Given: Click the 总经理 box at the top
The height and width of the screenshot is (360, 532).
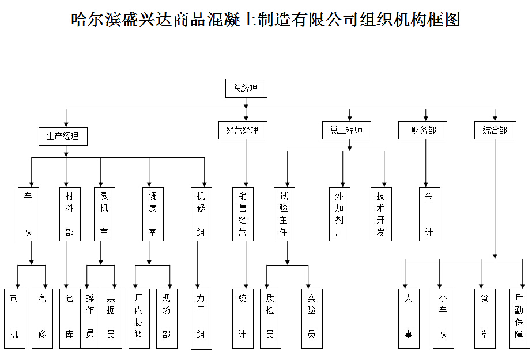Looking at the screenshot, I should pyautogui.click(x=246, y=89).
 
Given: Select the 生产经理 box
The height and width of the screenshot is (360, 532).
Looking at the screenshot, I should pyautogui.click(x=63, y=137).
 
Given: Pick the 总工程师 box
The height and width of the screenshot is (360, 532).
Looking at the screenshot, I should pyautogui.click(x=346, y=130).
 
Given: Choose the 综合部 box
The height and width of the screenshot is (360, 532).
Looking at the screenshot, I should pyautogui.click(x=495, y=130).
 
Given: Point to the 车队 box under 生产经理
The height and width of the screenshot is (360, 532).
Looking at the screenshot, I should pyautogui.click(x=28, y=214).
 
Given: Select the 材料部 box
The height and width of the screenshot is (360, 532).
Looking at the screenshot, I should pyautogui.click(x=70, y=214).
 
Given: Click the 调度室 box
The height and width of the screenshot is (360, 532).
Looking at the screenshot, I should pyautogui.click(x=153, y=214).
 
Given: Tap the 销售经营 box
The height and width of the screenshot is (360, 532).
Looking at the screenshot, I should pyautogui.click(x=243, y=214).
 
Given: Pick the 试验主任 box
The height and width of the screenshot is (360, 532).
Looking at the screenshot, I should pyautogui.click(x=284, y=214).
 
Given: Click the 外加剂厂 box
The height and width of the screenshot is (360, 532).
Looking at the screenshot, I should pyautogui.click(x=339, y=214).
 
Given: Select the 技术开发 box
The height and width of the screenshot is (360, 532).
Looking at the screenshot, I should pyautogui.click(x=381, y=214).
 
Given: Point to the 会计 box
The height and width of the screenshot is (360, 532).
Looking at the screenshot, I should pyautogui.click(x=429, y=214).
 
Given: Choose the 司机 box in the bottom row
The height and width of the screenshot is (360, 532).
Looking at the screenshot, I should pyautogui.click(x=14, y=318).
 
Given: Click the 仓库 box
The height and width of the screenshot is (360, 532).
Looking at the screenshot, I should pyautogui.click(x=70, y=318).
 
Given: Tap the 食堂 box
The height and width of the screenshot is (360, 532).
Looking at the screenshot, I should pyautogui.click(x=485, y=318).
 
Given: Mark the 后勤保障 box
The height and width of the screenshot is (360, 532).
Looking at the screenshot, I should pyautogui.click(x=519, y=318).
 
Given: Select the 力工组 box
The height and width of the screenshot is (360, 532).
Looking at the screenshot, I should pyautogui.click(x=201, y=318).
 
